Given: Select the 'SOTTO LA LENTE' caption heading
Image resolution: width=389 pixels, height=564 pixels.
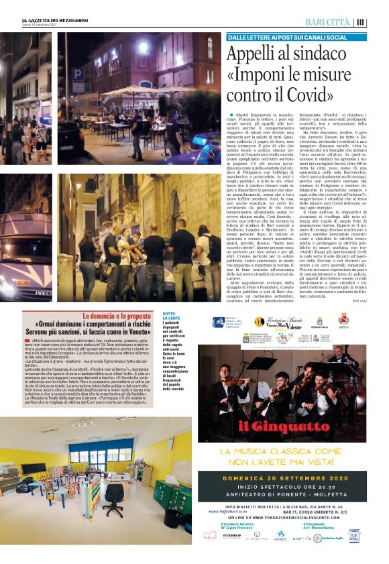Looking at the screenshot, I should [x=170, y=317].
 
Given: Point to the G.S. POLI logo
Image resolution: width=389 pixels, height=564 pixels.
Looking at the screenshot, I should [x=355, y=536].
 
